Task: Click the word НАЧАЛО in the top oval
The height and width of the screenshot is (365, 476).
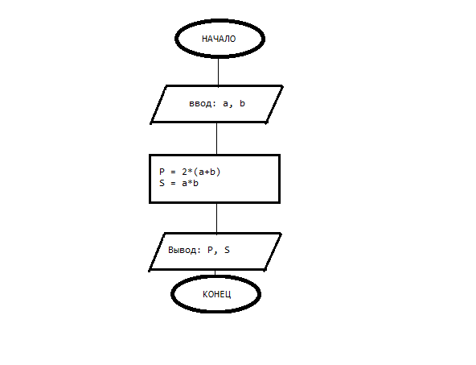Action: point(219,39)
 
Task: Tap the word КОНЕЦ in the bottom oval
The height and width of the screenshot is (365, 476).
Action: point(217,294)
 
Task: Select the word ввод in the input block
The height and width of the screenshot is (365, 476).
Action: point(200,104)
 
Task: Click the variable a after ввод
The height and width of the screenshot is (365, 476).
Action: point(225,104)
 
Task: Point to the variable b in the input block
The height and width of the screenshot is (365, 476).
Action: point(242,103)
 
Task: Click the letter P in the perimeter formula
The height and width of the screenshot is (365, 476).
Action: point(162,172)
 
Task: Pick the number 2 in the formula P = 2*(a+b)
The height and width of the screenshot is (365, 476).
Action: point(185,172)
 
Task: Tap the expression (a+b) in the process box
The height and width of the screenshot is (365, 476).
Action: point(207,172)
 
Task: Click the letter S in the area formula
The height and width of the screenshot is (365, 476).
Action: point(162,183)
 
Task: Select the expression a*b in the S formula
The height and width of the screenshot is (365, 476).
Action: point(190,183)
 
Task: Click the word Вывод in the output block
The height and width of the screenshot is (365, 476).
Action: point(183,250)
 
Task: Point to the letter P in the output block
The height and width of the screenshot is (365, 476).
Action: point(210,250)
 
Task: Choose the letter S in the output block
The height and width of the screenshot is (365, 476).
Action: point(227,250)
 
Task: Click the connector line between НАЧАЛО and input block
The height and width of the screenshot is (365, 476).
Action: point(218,72)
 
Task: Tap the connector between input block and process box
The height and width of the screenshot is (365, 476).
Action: point(217,139)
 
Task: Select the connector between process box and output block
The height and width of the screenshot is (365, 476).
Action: point(217,218)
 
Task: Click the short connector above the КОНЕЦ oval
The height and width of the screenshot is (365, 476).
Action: point(215,273)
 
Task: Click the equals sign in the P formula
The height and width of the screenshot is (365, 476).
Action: point(173,172)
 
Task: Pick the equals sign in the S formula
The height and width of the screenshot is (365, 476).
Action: point(173,184)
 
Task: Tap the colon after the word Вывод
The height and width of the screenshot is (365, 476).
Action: point(199,251)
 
